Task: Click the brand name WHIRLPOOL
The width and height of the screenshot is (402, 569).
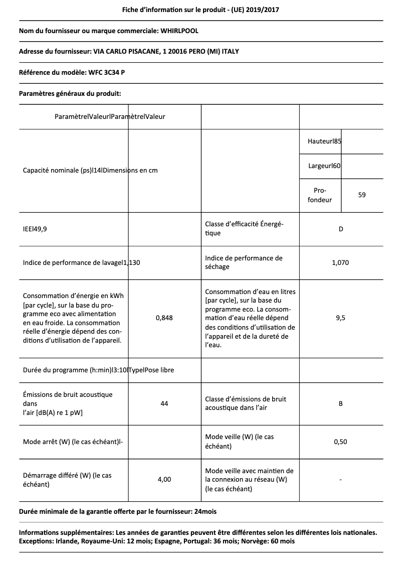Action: click(x=179, y=31)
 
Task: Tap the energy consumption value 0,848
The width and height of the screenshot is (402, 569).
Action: click(x=164, y=318)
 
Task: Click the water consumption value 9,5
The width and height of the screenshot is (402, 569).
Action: click(x=340, y=318)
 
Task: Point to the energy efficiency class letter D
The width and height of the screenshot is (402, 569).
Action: click(x=340, y=229)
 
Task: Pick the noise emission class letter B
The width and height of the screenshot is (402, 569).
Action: click(x=340, y=403)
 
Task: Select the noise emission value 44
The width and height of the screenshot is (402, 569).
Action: click(x=164, y=403)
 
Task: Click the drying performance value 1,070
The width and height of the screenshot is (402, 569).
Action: click(x=340, y=262)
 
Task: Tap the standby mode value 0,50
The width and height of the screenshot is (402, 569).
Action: click(x=340, y=442)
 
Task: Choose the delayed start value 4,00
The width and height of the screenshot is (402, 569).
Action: click(x=164, y=479)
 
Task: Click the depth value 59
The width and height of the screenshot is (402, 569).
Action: click(x=362, y=195)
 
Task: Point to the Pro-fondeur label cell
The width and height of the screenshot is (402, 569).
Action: click(x=320, y=195)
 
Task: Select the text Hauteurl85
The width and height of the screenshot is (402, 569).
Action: click(x=324, y=141)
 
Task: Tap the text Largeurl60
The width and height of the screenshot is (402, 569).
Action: click(x=324, y=166)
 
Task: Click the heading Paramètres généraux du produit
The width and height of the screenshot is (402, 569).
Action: click(x=70, y=93)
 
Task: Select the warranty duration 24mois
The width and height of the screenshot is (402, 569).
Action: click(x=206, y=511)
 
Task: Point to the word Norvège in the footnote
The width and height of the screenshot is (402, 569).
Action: click(x=264, y=541)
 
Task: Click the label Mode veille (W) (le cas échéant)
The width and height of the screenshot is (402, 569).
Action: click(x=240, y=442)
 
